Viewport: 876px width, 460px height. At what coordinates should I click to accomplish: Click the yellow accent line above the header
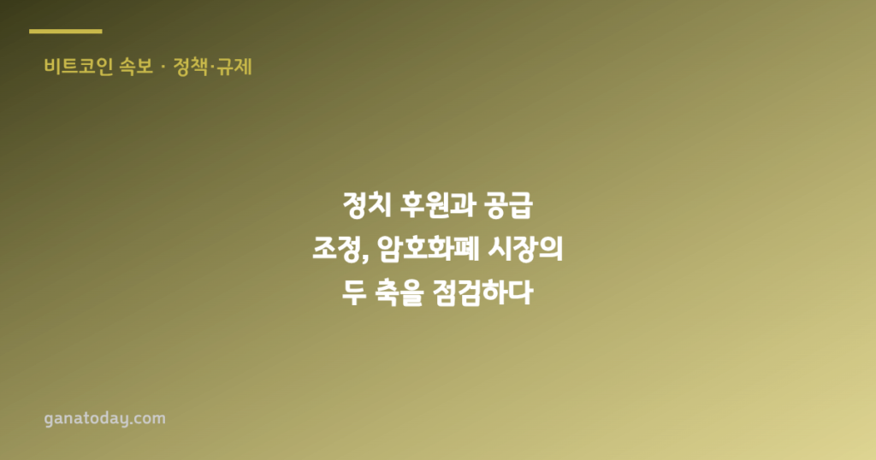[65, 32]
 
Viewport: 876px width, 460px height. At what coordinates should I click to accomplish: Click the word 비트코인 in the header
[78, 67]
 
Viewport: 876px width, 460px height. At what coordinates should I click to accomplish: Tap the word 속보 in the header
[136, 67]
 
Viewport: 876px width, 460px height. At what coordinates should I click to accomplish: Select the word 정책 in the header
[191, 67]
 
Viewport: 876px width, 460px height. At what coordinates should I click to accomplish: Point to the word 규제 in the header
[234, 67]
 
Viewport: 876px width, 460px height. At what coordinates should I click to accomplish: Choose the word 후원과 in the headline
[438, 205]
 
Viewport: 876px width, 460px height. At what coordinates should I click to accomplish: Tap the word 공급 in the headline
[509, 205]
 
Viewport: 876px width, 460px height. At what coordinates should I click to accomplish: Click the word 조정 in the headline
[336, 249]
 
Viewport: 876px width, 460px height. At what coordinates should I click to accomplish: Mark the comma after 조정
[364, 258]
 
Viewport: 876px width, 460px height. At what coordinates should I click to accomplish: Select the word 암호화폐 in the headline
[428, 249]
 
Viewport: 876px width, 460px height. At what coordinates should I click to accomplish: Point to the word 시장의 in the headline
[525, 249]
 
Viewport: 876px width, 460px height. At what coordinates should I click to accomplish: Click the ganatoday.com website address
[105, 419]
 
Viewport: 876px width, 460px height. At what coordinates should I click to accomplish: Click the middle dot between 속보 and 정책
[163, 68]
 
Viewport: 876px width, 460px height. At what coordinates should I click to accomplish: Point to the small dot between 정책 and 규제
[212, 68]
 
